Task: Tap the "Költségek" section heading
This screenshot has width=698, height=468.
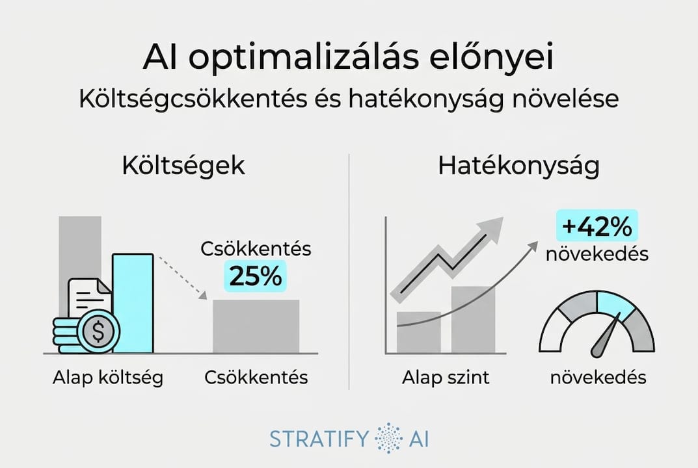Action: (x=183, y=166)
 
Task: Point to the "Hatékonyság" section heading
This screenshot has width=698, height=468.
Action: (x=518, y=166)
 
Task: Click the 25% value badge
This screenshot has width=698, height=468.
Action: (x=256, y=276)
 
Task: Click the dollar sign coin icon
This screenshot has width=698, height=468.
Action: (x=98, y=332)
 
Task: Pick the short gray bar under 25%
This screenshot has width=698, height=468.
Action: (x=256, y=326)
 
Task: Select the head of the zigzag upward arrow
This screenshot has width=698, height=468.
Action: (x=492, y=228)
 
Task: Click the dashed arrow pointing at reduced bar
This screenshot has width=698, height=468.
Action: (x=182, y=276)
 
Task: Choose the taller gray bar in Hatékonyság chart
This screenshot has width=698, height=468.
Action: (x=473, y=319)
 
